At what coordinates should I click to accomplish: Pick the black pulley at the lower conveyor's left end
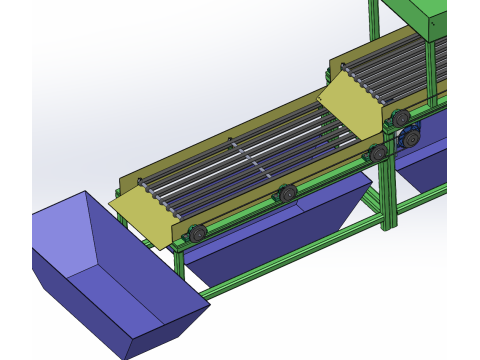[x=198, y=233]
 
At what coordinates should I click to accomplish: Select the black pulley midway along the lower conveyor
[x=288, y=193]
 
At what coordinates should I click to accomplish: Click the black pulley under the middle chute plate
[x=378, y=153]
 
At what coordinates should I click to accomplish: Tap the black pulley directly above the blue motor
[x=401, y=118]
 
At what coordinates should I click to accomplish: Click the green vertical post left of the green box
[x=374, y=20]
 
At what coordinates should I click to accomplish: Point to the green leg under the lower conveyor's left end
[x=179, y=262]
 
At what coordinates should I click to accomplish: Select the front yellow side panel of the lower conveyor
[x=250, y=205]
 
